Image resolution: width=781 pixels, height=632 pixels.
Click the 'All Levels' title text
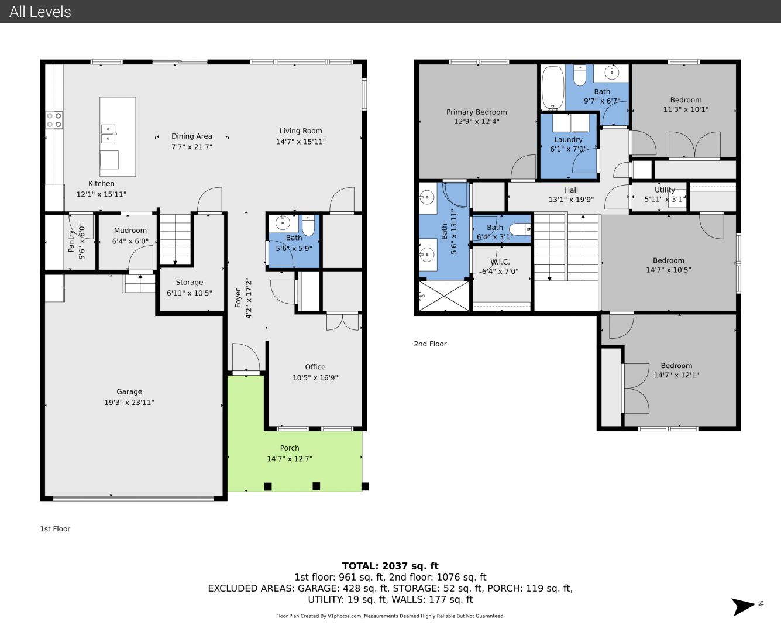coord(40,12)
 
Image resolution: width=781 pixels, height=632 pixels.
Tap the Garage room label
coord(129,391)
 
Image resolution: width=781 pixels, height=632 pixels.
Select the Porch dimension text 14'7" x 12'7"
coord(290,459)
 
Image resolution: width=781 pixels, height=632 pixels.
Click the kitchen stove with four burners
coord(54,120)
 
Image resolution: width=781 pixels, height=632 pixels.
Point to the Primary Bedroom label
coord(476,112)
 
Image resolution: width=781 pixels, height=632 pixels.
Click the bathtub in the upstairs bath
coord(553,88)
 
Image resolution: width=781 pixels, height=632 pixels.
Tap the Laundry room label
coord(568,139)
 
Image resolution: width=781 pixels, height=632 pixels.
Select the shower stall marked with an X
coord(444,296)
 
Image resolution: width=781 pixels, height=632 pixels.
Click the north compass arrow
coord(743,606)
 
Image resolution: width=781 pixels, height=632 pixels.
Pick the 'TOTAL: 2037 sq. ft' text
coord(390,566)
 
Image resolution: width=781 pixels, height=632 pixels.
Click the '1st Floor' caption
coord(55,528)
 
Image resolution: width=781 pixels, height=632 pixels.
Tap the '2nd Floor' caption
coord(430,344)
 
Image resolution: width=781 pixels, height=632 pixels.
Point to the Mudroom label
coord(130,231)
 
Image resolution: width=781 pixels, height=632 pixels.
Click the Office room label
coord(315,367)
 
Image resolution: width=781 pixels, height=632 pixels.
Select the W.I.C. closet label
coord(500,262)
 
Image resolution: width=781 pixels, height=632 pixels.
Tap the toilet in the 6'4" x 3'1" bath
coord(520,229)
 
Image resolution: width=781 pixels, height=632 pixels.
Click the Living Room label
coord(301,131)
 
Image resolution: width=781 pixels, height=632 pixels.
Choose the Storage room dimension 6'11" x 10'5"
coord(189,293)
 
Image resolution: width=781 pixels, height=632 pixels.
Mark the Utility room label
coord(665,190)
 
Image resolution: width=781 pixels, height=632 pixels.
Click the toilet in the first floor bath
coord(308,225)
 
